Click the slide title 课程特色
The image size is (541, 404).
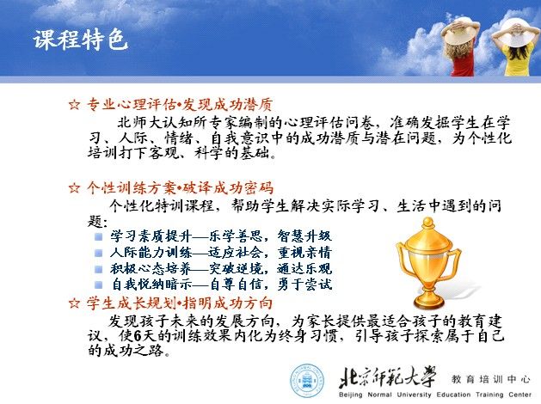80,40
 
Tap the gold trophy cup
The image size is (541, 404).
428,264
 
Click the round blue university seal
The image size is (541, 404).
307,381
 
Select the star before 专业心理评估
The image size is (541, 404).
74,105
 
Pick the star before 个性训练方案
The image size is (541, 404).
74,188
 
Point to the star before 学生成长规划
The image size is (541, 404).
74,303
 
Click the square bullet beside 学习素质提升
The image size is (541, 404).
99,237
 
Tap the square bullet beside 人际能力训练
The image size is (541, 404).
99,253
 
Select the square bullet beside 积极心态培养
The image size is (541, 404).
99,269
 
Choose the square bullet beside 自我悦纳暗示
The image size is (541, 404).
99,285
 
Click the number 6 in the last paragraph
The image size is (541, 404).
138,335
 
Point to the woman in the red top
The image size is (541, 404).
461,46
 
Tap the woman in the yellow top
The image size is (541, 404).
515,46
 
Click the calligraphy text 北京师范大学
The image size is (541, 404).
387,377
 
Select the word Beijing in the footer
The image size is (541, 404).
350,395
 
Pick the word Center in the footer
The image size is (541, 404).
520,395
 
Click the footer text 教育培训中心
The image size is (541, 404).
490,379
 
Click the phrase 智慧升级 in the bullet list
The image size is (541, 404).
304,236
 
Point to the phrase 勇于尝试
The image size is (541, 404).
304,285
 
